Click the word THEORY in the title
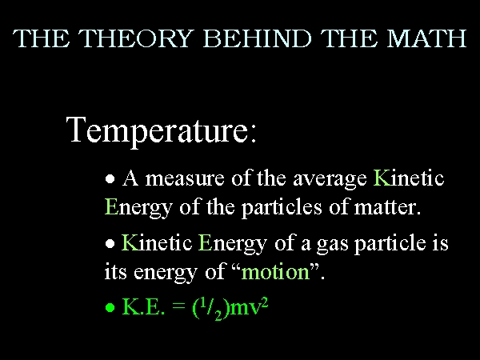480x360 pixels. (x=136, y=38)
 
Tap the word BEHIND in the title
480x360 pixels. (x=257, y=38)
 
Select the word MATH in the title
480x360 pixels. (x=426, y=38)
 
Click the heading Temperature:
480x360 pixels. (x=161, y=130)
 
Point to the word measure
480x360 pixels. (x=185, y=179)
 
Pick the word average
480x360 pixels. (x=330, y=180)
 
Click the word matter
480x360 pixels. (x=387, y=207)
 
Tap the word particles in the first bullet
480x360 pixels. (x=282, y=208)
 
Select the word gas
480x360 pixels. (x=332, y=245)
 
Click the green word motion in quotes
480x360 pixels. (x=275, y=271)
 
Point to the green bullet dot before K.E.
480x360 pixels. (x=110, y=307)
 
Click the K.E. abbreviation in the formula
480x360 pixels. (x=143, y=306)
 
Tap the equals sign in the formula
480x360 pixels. (x=179, y=306)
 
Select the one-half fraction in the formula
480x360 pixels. (x=210, y=309)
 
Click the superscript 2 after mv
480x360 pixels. (x=265, y=302)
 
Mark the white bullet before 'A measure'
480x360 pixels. (x=110, y=178)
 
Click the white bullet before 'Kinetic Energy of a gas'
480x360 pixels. (x=110, y=244)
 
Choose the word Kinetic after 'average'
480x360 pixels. (x=409, y=178)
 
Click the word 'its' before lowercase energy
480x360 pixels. (x=115, y=271)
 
